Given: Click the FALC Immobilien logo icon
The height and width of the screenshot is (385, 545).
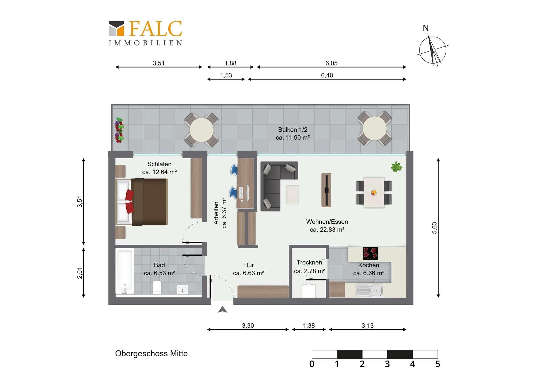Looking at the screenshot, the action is click(x=117, y=29).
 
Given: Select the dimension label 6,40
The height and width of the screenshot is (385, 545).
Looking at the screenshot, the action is click(x=327, y=75).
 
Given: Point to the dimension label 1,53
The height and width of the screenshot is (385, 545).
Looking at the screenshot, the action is click(x=226, y=75).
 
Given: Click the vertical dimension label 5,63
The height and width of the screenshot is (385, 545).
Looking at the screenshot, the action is click(x=434, y=228).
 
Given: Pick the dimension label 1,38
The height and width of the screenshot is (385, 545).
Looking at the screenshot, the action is click(x=309, y=325).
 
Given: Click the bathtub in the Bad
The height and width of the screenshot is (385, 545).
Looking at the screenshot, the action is click(x=125, y=271).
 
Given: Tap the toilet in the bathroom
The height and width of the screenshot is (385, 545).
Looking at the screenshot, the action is click(x=157, y=287).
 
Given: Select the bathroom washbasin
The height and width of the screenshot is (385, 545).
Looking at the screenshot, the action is click(x=182, y=289).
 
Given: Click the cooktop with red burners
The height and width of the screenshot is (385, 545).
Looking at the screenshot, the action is click(x=370, y=253).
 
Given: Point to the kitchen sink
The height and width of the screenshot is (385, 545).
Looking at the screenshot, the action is click(x=370, y=290).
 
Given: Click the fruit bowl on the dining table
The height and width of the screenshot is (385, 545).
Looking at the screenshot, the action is click(x=374, y=193).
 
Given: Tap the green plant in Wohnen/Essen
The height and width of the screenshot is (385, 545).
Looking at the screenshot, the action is click(x=396, y=167).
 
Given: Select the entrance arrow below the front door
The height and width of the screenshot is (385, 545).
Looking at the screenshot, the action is click(x=223, y=310).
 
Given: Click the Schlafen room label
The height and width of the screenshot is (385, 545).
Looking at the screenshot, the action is click(x=159, y=164).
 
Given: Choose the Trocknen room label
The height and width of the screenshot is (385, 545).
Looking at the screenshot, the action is click(x=309, y=262).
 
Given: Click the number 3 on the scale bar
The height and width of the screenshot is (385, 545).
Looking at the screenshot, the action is click(x=387, y=364).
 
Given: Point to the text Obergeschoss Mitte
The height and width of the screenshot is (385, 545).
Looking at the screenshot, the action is click(x=151, y=354).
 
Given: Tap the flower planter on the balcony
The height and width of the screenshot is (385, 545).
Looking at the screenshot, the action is click(x=119, y=130).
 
